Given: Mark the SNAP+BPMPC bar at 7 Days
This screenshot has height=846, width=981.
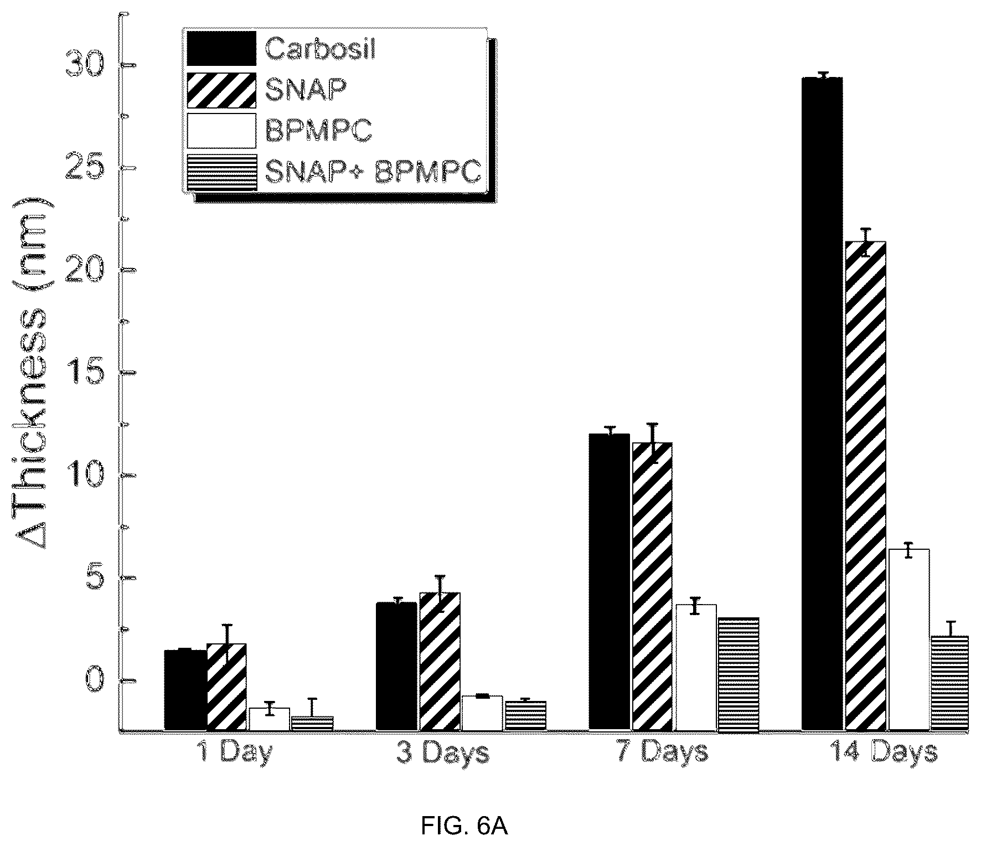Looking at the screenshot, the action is click(739, 674).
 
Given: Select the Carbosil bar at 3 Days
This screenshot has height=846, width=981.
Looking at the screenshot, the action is click(396, 667).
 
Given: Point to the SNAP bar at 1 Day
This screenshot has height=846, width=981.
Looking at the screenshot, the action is click(226, 687).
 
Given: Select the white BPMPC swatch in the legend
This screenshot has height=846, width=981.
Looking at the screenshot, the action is click(221, 131).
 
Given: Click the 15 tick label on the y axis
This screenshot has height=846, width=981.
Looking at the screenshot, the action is click(84, 373).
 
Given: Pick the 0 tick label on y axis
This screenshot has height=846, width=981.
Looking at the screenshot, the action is click(94, 680).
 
